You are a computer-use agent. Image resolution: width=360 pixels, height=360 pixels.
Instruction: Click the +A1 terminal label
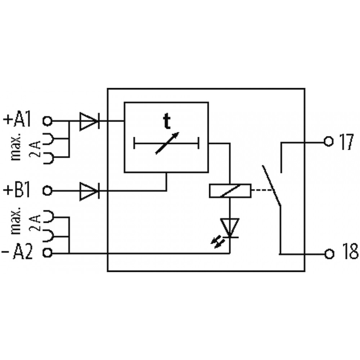(17, 120)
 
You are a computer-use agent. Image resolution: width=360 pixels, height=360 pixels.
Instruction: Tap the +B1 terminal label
(17, 190)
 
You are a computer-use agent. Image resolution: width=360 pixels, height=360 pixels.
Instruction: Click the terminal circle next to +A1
(48, 121)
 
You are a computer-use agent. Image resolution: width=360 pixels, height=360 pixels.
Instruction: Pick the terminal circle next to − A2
(48, 253)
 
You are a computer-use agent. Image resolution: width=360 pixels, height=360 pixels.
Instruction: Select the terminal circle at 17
(328, 142)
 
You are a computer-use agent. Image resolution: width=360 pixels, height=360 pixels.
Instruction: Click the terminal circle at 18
(329, 254)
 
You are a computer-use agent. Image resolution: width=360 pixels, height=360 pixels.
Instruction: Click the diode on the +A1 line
(89, 121)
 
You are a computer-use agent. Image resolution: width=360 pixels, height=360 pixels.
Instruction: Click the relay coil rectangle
(230, 190)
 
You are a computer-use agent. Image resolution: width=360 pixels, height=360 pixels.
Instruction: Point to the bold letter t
(167, 122)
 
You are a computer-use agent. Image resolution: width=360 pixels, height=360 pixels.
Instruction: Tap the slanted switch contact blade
(271, 185)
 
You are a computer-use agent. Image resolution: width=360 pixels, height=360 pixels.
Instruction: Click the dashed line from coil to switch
(262, 190)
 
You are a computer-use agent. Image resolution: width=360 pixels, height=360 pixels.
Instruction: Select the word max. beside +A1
(16, 147)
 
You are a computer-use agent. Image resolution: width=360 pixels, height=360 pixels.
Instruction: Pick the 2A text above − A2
(35, 222)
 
